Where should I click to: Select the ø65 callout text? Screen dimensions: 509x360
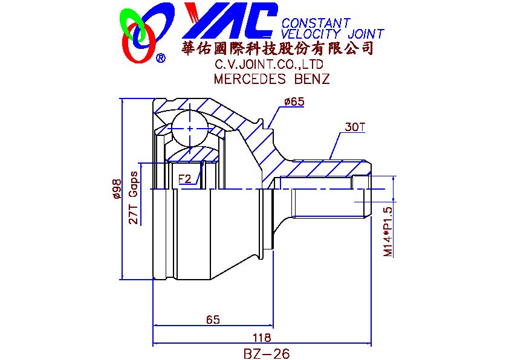click(294, 102)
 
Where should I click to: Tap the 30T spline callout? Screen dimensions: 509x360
click(355, 127)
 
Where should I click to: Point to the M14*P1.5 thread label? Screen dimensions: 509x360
click(388, 232)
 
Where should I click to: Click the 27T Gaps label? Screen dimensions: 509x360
click(134, 198)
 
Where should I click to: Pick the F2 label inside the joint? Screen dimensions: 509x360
click(185, 179)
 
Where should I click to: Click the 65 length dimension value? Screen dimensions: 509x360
click(213, 320)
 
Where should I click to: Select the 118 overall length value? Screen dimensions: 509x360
click(262, 338)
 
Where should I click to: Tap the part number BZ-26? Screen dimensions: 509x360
click(266, 353)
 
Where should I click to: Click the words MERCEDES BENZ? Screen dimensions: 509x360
click(271, 79)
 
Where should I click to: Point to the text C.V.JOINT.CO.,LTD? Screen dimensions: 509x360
click(269, 65)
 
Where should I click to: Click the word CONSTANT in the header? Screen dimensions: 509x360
click(316, 23)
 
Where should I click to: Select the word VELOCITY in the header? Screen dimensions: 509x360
click(311, 33)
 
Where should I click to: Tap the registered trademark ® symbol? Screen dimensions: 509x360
click(161, 58)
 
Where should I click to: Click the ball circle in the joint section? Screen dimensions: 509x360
click(190, 129)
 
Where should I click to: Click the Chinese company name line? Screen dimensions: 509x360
click(277, 48)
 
